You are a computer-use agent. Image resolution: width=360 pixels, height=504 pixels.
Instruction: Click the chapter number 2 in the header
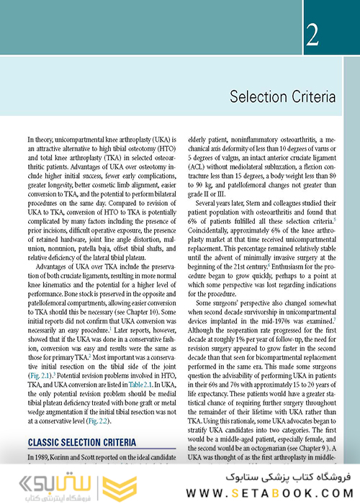point(311,35)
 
